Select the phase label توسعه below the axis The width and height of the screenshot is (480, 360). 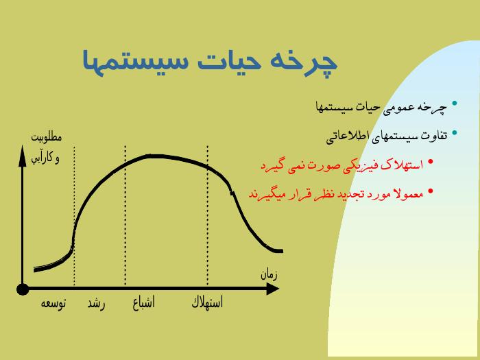53,303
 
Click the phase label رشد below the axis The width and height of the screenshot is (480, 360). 96,304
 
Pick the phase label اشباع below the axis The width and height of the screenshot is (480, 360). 143,302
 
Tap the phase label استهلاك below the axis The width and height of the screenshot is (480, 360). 207,302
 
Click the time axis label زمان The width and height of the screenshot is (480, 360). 269,274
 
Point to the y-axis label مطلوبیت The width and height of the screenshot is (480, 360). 46,137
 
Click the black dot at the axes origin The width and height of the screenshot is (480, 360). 23,289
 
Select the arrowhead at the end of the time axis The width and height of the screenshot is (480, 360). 273,289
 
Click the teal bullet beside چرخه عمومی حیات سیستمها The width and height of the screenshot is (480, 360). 455,103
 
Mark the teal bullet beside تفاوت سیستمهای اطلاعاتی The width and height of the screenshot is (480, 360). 455,132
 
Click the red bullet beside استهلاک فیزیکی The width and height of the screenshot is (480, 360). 431,161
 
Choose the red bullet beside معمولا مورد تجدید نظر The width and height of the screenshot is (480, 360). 431,191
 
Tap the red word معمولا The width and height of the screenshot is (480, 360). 409,193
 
